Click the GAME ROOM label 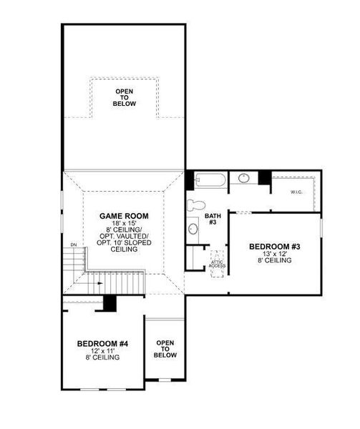pos(123,215)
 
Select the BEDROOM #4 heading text pos(102,344)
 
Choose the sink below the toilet pos(193,230)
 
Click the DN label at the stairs pos(73,245)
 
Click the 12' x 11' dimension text pos(102,351)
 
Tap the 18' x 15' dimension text pos(123,223)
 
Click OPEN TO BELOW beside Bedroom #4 pos(165,349)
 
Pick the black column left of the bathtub pos(190,179)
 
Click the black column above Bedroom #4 pos(110,302)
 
